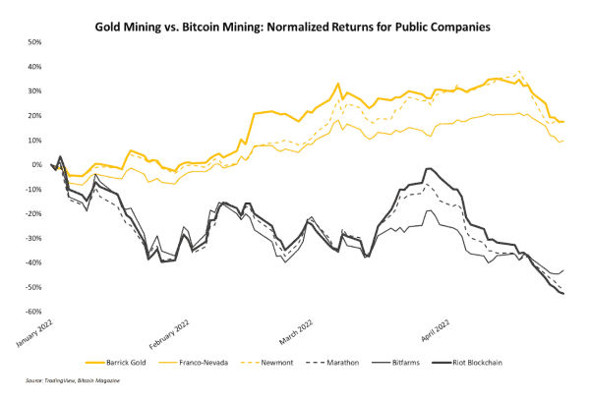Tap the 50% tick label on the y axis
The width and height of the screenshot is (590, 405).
pos(32,42)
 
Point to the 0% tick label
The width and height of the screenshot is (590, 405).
pos(34,165)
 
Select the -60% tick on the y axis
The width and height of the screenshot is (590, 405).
pos(31,312)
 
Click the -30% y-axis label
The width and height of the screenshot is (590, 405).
pos(31,238)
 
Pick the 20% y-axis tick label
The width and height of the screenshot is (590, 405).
pos(32,116)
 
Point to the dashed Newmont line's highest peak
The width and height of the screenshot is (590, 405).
pos(519,71)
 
